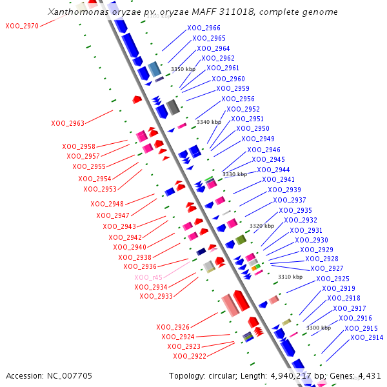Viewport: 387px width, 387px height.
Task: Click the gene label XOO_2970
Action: [x=22, y=26]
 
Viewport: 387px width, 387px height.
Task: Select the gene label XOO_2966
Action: [x=203, y=28]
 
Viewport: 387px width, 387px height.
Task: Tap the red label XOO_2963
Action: [x=68, y=123]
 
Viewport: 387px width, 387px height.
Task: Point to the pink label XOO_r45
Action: [x=148, y=277]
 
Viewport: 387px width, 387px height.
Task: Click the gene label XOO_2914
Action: [x=366, y=338]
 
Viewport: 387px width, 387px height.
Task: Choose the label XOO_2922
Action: [x=190, y=356]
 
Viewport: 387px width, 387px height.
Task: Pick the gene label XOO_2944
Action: [x=273, y=170]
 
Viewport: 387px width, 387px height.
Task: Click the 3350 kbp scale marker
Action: [x=183, y=69]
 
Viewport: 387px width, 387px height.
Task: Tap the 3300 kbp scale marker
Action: [x=318, y=328]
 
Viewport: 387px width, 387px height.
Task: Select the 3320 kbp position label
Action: [x=262, y=226]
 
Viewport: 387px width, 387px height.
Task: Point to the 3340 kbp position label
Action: [x=208, y=122]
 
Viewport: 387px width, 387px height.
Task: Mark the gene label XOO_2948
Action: [x=107, y=204]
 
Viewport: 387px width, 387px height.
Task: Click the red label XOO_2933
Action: [x=156, y=296]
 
